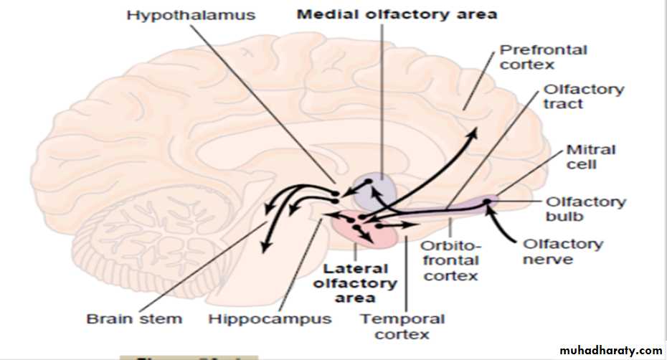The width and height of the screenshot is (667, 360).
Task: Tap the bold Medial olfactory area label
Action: [397, 14]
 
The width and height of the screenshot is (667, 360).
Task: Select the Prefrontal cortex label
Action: [533, 57]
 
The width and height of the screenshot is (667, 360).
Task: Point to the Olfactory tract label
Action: [574, 97]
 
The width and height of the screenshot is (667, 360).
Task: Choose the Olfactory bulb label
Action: [586, 209]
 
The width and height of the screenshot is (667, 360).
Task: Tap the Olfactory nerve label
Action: [563, 251]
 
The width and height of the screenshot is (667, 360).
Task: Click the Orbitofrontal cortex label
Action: [450, 262]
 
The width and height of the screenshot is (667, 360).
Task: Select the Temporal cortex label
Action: [402, 326]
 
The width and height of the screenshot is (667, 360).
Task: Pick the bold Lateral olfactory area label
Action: [356, 283]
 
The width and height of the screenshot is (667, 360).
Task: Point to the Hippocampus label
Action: [270, 318]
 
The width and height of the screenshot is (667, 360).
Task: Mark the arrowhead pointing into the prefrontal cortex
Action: [473, 134]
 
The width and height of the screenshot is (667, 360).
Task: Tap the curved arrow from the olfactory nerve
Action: [502, 226]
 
